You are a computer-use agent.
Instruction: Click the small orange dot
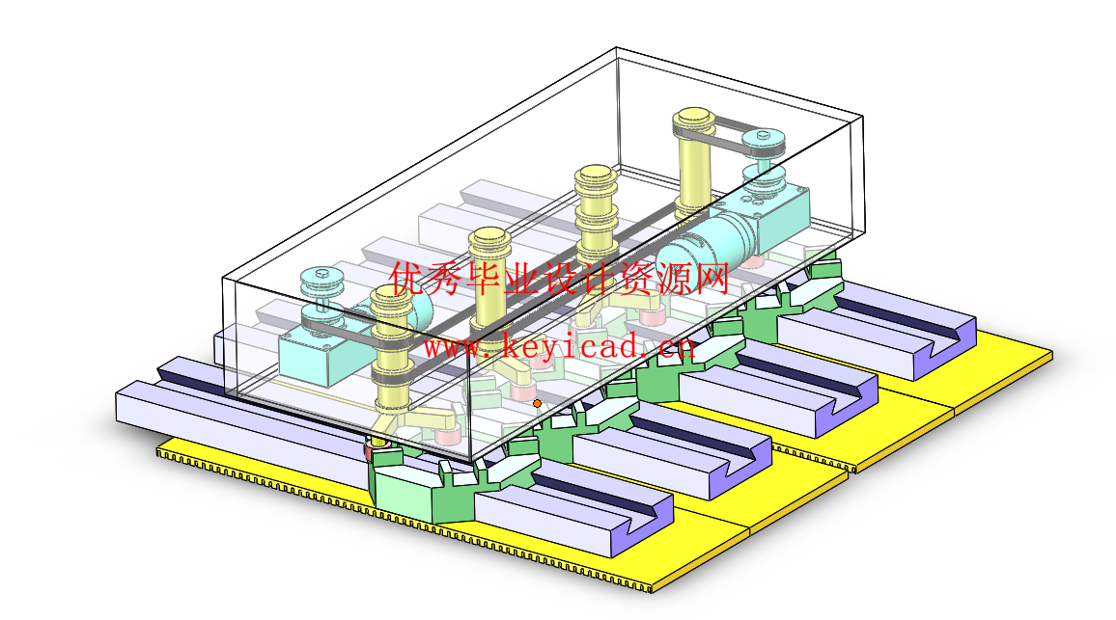(x=538, y=403)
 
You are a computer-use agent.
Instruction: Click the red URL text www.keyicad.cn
(x=559, y=346)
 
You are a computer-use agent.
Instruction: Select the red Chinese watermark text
(x=559, y=278)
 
